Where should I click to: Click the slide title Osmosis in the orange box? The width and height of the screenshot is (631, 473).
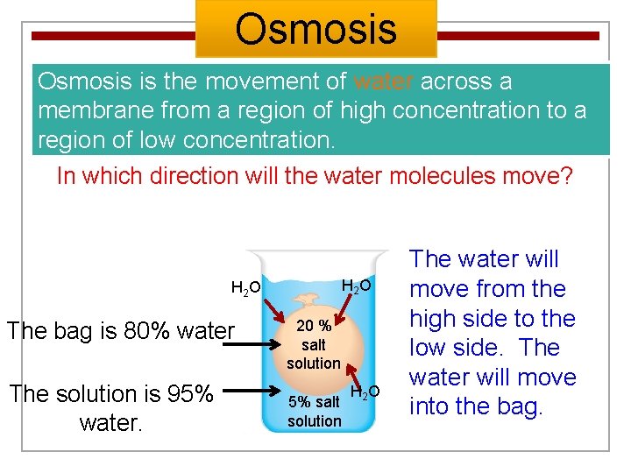pos(315,28)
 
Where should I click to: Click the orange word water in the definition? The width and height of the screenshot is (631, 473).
pos(384,81)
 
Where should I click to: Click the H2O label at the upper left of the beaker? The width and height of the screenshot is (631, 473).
pos(245,287)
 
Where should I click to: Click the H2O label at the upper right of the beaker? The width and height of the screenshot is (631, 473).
pos(356,286)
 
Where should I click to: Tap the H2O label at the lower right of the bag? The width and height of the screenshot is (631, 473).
pos(365,392)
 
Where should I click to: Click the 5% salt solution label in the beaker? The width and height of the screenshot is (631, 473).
pos(314,412)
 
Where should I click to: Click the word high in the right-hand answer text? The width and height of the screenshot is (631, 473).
pos(436,319)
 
